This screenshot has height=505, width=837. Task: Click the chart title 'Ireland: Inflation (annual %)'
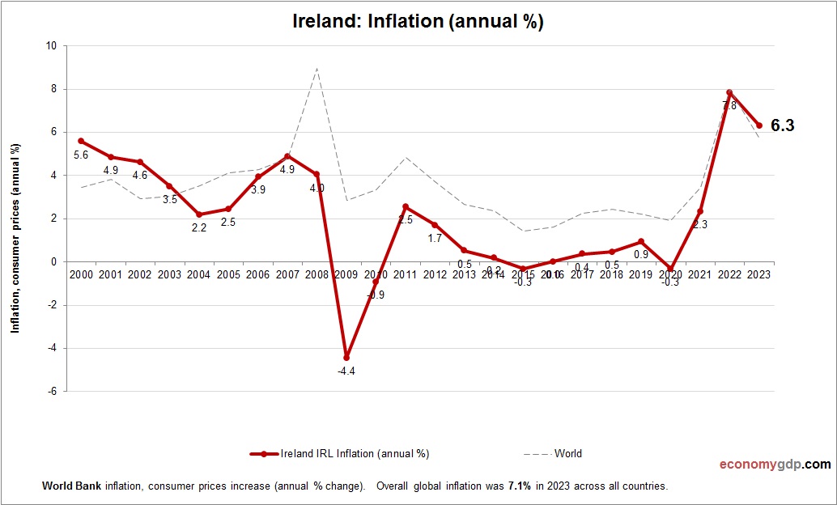click(x=418, y=22)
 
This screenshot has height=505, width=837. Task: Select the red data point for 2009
click(x=346, y=357)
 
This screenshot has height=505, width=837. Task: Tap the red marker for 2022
click(x=729, y=92)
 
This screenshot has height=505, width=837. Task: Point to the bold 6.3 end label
click(x=782, y=125)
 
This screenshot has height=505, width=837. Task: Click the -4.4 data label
click(x=346, y=371)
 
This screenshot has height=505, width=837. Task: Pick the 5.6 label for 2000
click(x=81, y=155)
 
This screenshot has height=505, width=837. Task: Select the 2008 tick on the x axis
click(x=317, y=275)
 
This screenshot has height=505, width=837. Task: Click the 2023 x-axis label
click(x=758, y=275)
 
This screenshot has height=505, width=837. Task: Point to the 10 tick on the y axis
click(x=51, y=46)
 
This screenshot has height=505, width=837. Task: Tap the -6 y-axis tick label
click(x=51, y=392)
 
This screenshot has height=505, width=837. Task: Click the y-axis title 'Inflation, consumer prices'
click(x=15, y=239)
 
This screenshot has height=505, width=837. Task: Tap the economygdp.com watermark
click(x=775, y=465)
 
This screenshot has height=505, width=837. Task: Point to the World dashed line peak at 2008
click(x=317, y=68)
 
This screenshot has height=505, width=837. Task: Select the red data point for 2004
click(x=199, y=214)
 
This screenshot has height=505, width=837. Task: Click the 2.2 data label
click(x=199, y=228)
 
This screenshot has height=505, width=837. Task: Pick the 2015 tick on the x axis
click(x=523, y=275)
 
